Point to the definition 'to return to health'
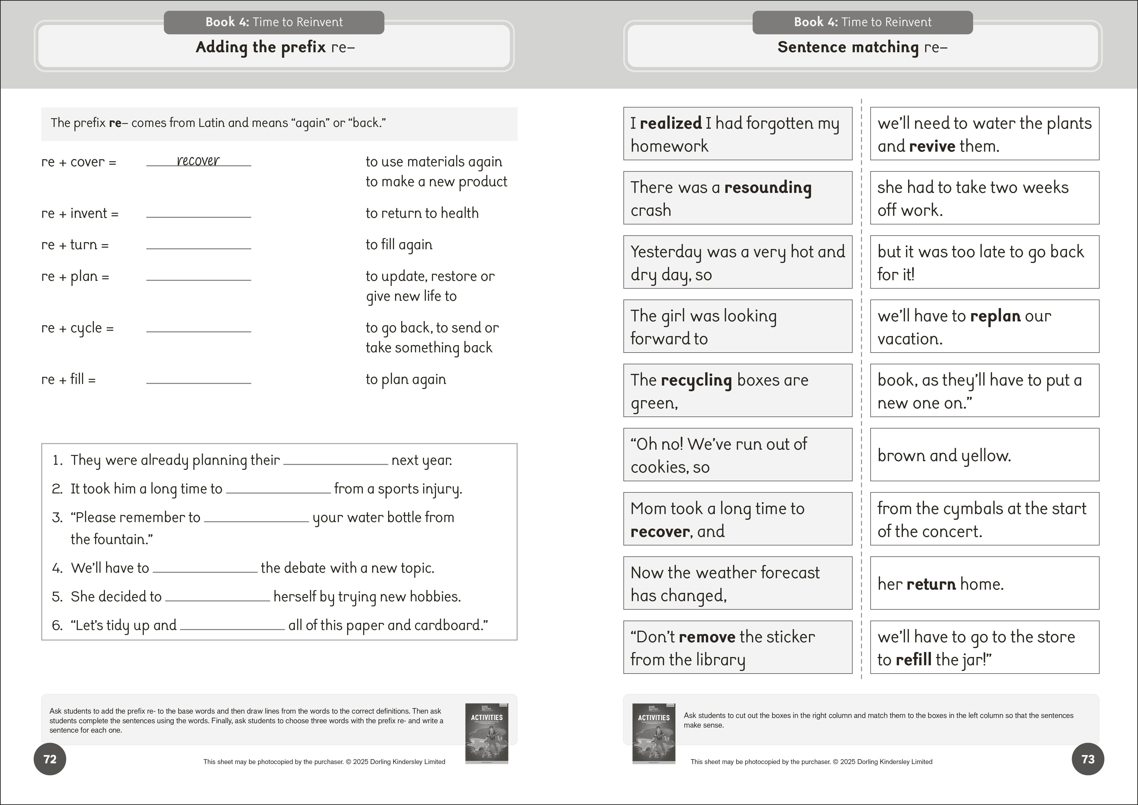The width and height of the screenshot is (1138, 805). coord(422,213)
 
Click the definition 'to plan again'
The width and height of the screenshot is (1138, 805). coord(406,379)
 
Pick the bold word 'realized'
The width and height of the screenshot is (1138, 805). coord(671,123)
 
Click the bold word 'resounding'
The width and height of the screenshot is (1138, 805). coord(768,187)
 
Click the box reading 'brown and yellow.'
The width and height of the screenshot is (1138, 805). coord(984,455)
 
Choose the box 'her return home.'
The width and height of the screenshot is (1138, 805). coord(984,583)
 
